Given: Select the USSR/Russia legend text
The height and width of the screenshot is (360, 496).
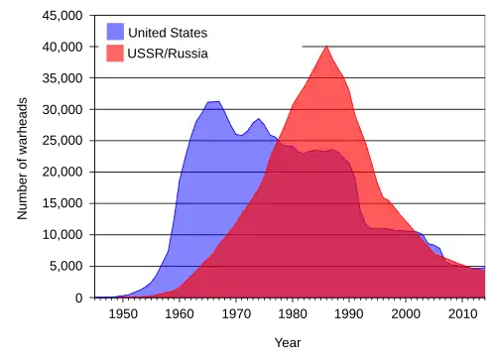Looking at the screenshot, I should tap(168, 54).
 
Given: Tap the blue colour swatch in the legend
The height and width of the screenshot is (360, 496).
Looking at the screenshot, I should tap(116, 32).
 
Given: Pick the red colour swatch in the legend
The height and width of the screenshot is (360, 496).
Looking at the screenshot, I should tap(116, 54).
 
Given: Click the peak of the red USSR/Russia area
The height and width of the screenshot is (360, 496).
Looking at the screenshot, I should tap(326, 47).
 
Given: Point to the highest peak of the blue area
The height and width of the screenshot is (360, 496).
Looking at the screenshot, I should tap(213, 101).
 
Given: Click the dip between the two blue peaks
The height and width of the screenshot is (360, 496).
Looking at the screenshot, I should tap(239, 134).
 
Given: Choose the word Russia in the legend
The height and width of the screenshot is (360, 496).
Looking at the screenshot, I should tap(188, 54).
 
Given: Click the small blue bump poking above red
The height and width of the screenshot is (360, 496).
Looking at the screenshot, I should tap(433, 245).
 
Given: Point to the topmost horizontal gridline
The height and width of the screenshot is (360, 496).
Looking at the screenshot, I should tap(397, 46).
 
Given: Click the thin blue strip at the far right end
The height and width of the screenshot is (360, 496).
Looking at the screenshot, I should tap(478, 268).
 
